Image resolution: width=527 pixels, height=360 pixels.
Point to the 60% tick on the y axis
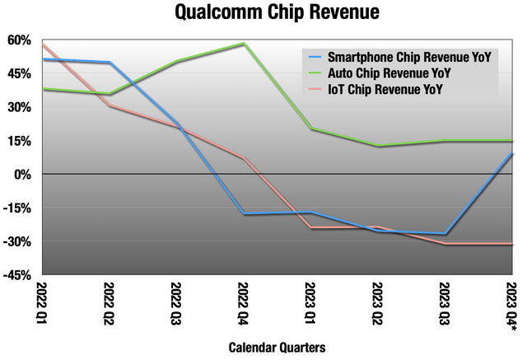click(21, 40)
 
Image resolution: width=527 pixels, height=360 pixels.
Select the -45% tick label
click(19, 275)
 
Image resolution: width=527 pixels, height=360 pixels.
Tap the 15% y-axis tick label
click(21, 141)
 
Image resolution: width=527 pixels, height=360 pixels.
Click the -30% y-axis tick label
click(19, 241)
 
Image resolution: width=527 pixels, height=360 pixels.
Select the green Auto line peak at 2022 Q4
click(244, 44)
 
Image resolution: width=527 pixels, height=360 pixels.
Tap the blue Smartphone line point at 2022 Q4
click(244, 214)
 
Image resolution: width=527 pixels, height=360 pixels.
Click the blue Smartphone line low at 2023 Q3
click(445, 234)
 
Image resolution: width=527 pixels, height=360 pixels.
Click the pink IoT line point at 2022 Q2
click(110, 105)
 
